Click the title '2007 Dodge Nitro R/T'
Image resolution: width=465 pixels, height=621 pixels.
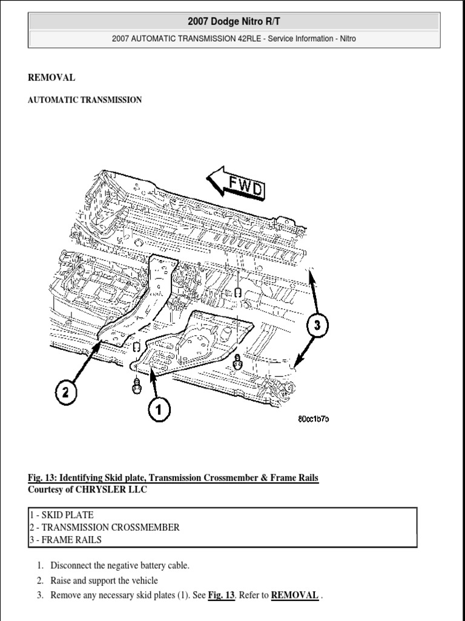click(234, 22)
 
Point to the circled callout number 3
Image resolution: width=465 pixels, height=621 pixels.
click(317, 325)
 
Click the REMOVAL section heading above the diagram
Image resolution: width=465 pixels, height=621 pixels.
click(51, 78)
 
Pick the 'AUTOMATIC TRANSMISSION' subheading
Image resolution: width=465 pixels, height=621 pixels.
click(85, 100)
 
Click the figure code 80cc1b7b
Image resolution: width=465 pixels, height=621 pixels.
click(312, 419)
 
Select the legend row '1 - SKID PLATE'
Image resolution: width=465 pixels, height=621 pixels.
click(61, 515)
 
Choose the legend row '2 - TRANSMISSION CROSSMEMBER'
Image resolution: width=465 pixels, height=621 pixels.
click(104, 528)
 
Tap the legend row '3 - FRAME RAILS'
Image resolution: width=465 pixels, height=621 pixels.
click(65, 540)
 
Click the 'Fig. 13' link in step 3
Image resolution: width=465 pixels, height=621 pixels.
click(221, 596)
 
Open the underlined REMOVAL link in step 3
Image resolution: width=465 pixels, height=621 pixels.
click(295, 596)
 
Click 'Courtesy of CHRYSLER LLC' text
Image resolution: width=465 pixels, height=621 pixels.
click(87, 490)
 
